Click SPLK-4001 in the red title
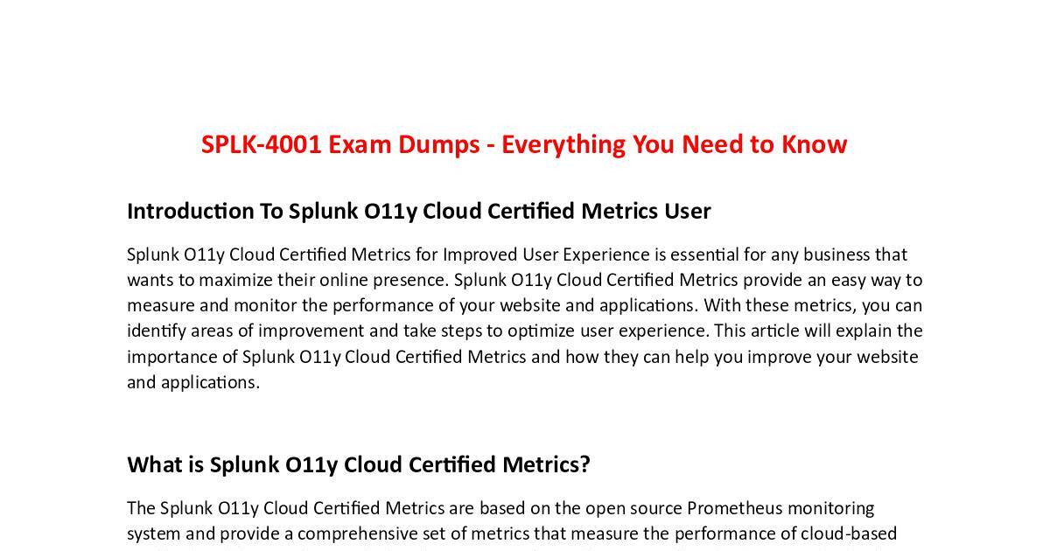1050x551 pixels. (261, 143)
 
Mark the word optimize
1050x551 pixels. (541, 331)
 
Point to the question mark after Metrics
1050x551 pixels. (584, 464)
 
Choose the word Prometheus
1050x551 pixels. (734, 509)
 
